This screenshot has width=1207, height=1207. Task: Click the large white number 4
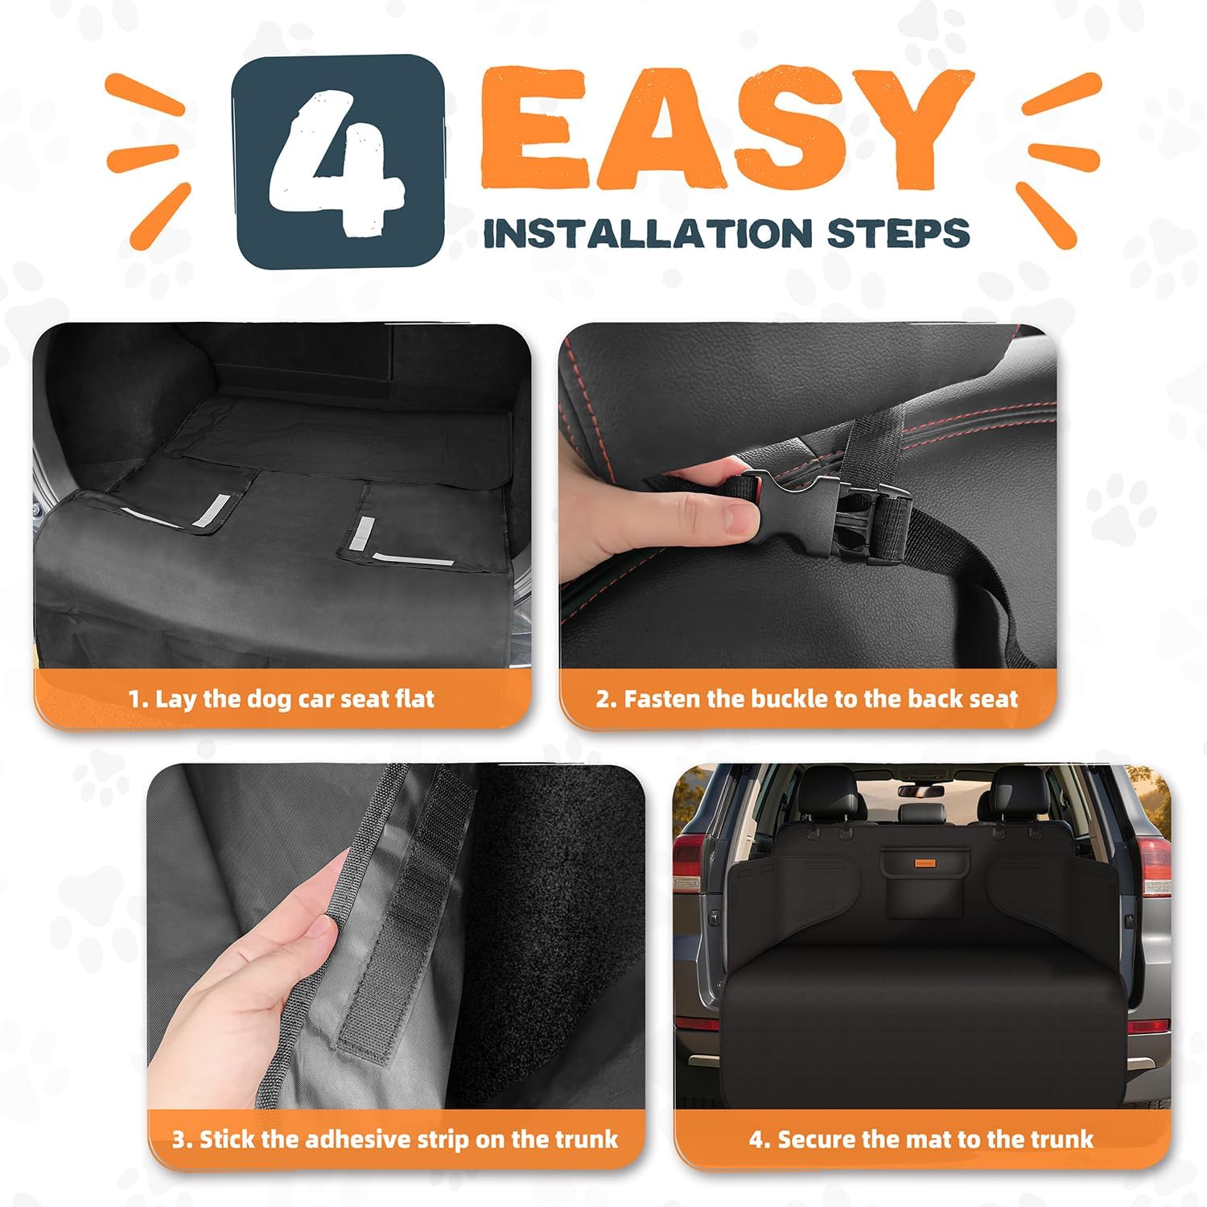click(x=337, y=161)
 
